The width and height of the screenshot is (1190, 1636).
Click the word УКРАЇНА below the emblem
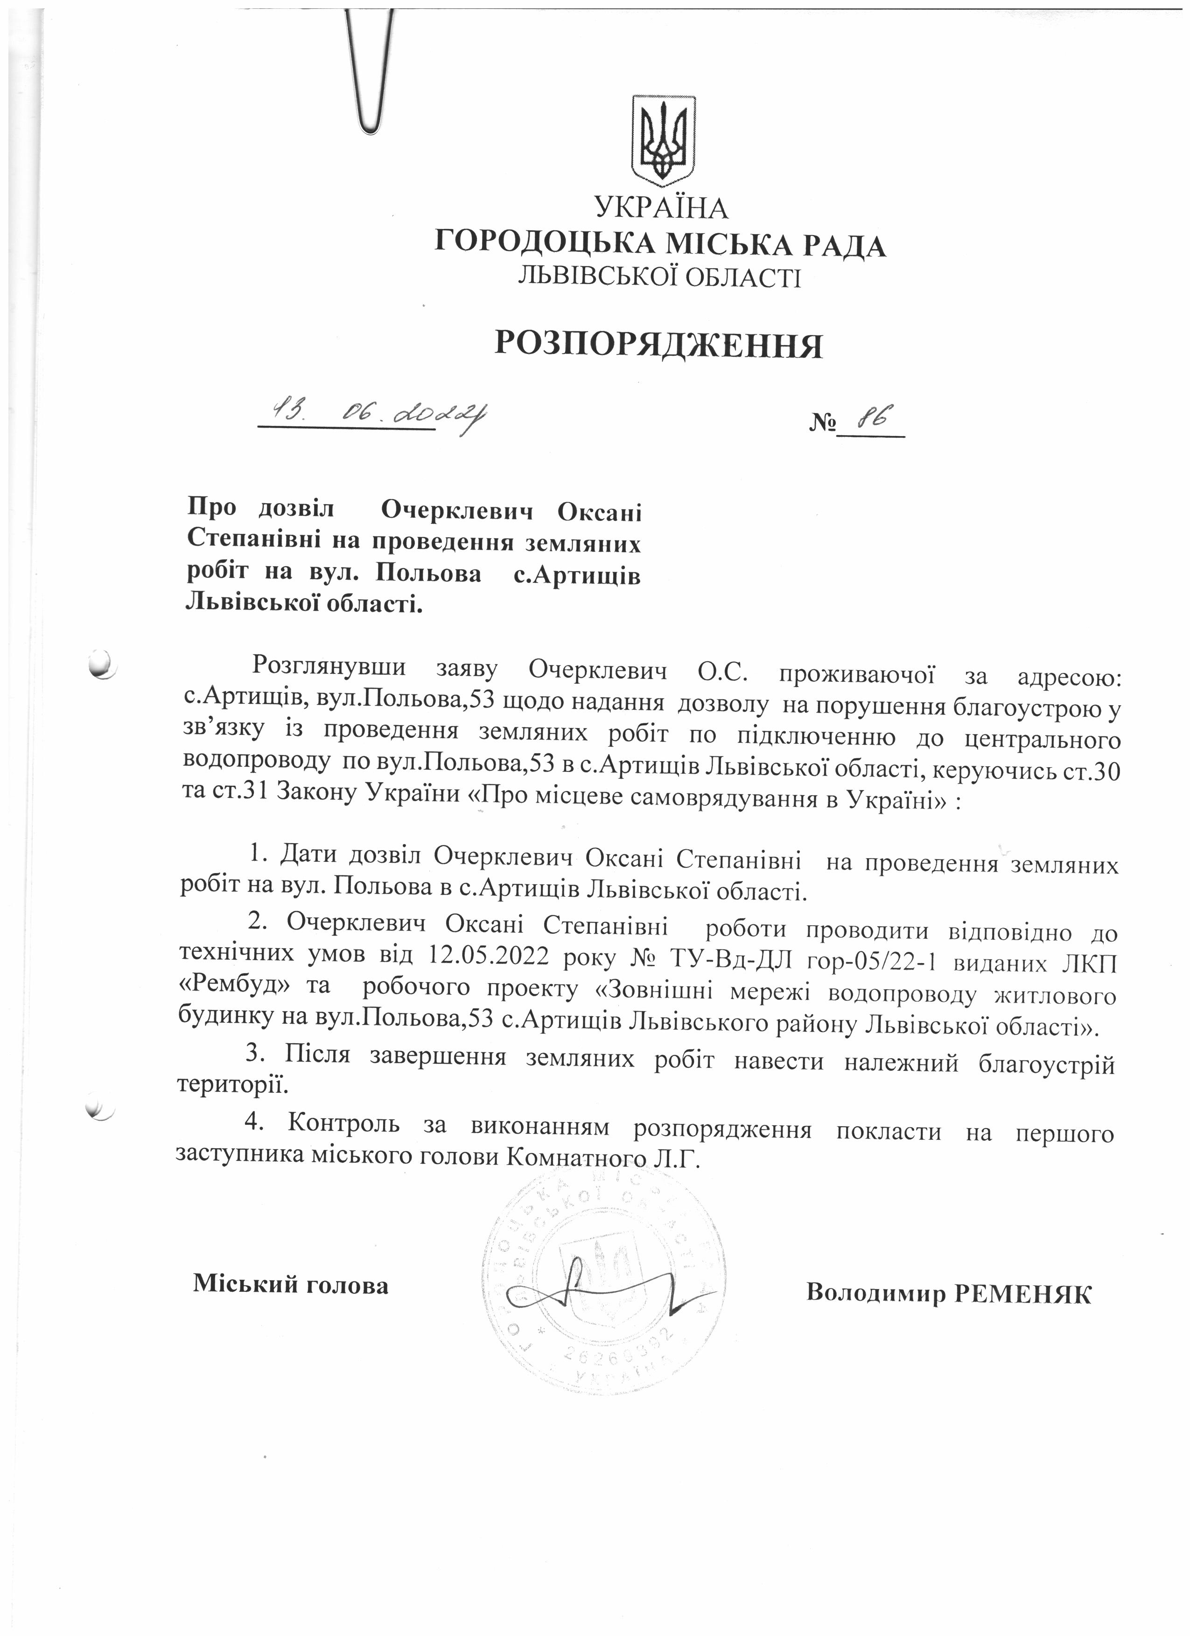(661, 208)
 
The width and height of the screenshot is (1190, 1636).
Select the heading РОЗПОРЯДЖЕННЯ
(658, 346)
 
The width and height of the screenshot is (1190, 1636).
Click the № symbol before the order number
(822, 421)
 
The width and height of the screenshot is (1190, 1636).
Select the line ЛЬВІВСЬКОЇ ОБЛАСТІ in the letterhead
(659, 277)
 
